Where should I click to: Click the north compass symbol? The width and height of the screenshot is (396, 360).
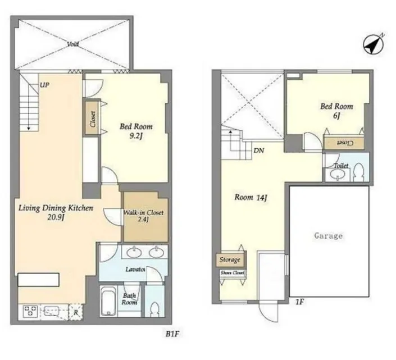click(374, 44)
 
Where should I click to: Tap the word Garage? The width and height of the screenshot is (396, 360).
click(329, 236)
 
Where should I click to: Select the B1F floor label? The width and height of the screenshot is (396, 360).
click(172, 334)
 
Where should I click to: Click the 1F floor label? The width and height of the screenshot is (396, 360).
click(299, 302)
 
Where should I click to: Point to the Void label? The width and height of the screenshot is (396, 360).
click(72, 44)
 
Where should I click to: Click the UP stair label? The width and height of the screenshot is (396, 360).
click(44, 85)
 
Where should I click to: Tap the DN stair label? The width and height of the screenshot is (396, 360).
click(258, 151)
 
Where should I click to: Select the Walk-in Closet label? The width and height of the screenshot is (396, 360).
click(143, 212)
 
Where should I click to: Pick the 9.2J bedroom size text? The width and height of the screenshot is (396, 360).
click(136, 136)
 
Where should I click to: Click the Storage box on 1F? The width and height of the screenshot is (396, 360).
click(231, 260)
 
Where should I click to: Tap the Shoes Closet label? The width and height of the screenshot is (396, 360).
click(233, 273)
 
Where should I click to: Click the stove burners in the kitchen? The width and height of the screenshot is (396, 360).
click(30, 311)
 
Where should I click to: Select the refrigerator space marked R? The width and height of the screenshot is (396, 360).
click(76, 312)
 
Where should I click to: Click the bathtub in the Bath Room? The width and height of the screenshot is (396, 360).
click(108, 301)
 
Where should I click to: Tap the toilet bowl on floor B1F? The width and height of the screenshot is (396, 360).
click(154, 309)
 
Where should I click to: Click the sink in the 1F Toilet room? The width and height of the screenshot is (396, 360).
click(338, 174)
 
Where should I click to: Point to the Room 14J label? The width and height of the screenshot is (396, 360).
click(251, 198)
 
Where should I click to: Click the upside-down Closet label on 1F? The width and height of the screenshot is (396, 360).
click(344, 143)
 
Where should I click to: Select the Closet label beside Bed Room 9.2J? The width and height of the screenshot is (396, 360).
click(93, 119)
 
